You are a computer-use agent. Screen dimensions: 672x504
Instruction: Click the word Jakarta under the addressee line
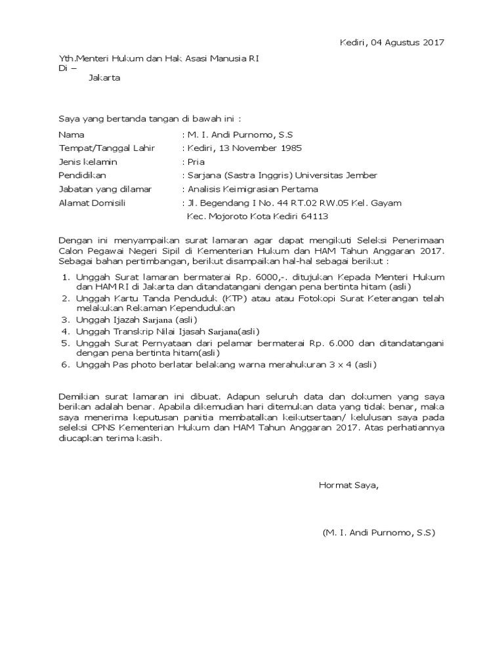click(x=104, y=77)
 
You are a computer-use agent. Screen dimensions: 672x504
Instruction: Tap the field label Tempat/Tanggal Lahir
click(x=107, y=148)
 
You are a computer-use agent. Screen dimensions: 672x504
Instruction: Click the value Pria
click(x=196, y=161)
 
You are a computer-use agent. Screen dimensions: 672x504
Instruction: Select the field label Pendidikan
click(x=82, y=175)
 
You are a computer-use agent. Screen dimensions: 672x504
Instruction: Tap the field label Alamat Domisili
click(x=92, y=203)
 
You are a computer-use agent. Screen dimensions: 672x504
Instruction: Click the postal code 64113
click(x=314, y=216)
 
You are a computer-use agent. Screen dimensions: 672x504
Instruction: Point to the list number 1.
click(x=65, y=278)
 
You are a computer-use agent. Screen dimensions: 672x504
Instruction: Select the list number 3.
click(x=65, y=320)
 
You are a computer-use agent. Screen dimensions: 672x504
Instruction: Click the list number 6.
click(x=65, y=364)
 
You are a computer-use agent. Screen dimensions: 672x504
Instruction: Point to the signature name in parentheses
click(x=379, y=533)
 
